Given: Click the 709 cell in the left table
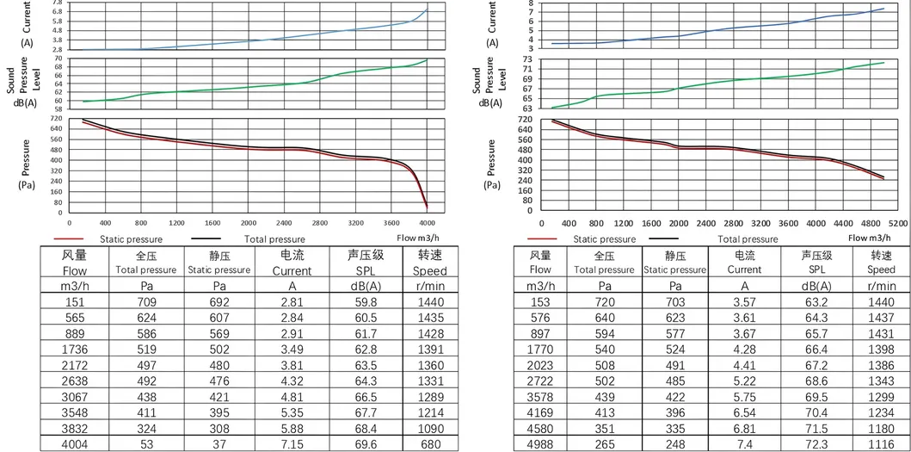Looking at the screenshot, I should point(147,302).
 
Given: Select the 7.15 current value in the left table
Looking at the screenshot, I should point(292,444).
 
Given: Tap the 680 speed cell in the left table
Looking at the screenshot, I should point(432,444).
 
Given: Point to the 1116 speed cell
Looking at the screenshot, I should point(881,444).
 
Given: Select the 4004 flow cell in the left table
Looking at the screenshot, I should point(76,444).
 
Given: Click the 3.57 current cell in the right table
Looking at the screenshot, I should point(744,302).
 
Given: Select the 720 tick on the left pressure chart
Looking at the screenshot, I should point(57,118).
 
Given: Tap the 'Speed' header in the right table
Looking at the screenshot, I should point(881,269).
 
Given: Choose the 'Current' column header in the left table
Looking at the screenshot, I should point(292,269).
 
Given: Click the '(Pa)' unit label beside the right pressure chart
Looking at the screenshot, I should point(492,184).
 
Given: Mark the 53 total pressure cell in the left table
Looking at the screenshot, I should point(147,444).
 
